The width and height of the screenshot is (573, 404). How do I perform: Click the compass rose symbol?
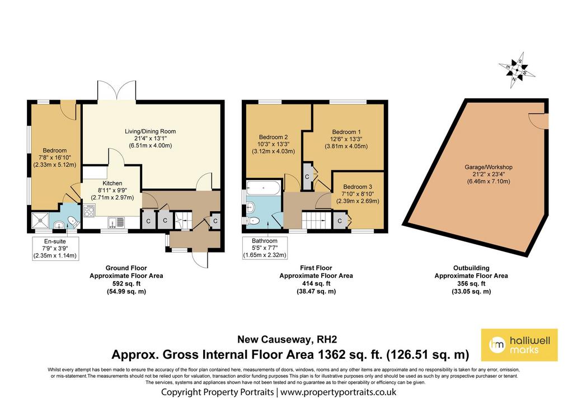516,70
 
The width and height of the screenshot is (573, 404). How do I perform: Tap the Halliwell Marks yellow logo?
519,345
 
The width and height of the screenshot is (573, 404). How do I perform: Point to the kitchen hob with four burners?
89,211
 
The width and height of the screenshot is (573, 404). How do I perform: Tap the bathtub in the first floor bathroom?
264,188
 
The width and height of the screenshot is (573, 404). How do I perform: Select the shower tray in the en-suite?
40,221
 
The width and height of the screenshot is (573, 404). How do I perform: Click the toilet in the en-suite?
73,221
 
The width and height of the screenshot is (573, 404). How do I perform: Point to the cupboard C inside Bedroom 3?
340,221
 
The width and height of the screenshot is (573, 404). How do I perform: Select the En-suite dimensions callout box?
55,248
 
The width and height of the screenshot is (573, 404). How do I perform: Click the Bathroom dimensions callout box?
265,248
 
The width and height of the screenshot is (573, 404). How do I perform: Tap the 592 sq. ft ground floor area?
126,283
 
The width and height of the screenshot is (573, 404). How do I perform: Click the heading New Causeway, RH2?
287,339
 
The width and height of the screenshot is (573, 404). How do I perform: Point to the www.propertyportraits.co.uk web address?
339,392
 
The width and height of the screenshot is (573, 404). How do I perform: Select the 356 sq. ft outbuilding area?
471,283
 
